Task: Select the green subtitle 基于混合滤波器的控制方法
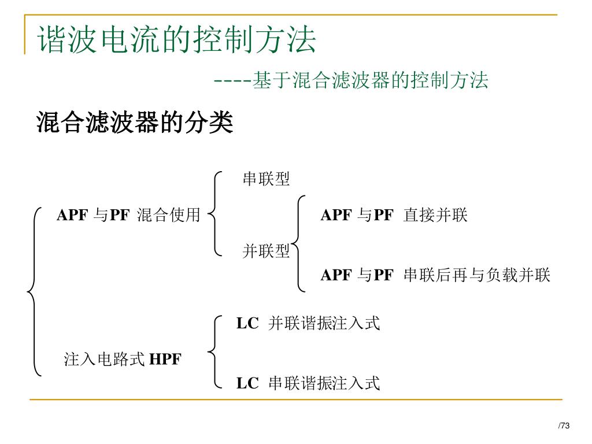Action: click(x=370, y=80)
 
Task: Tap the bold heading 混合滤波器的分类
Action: click(x=135, y=123)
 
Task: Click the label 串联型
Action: click(x=266, y=179)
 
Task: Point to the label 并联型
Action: click(x=266, y=251)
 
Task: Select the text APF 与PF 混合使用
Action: click(x=128, y=216)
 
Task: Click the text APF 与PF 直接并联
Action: click(x=394, y=216)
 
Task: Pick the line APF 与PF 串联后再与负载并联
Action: click(x=435, y=275)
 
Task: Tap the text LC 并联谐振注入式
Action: click(x=308, y=324)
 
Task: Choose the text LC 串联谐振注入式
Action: click(x=308, y=383)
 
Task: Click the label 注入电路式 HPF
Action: click(x=123, y=359)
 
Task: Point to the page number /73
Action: click(x=564, y=426)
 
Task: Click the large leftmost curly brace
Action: click(x=34, y=292)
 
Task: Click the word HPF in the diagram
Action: click(x=165, y=359)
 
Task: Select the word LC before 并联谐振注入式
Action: click(x=247, y=324)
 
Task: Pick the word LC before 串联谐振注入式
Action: click(x=247, y=383)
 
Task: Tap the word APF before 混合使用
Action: click(x=72, y=216)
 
